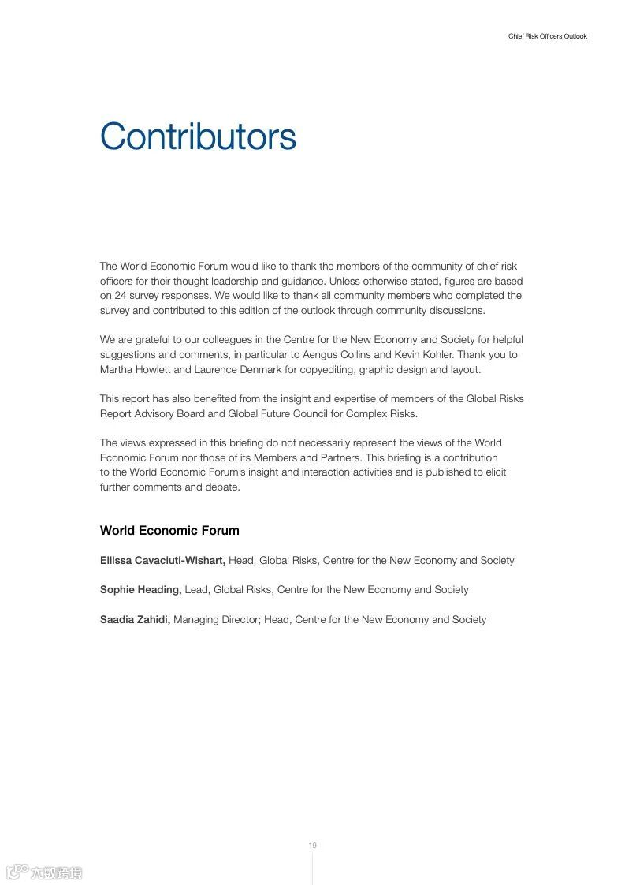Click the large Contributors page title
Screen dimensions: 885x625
[198, 136]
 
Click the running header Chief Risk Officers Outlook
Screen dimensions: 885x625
[548, 36]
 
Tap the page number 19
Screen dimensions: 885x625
[312, 846]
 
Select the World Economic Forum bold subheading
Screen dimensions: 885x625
[169, 531]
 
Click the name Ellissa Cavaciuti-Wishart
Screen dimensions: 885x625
[162, 561]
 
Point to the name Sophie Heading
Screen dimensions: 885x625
[140, 590]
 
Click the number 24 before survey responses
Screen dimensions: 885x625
[121, 296]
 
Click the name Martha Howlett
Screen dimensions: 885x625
[131, 370]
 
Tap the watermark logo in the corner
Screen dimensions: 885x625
[44, 872]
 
